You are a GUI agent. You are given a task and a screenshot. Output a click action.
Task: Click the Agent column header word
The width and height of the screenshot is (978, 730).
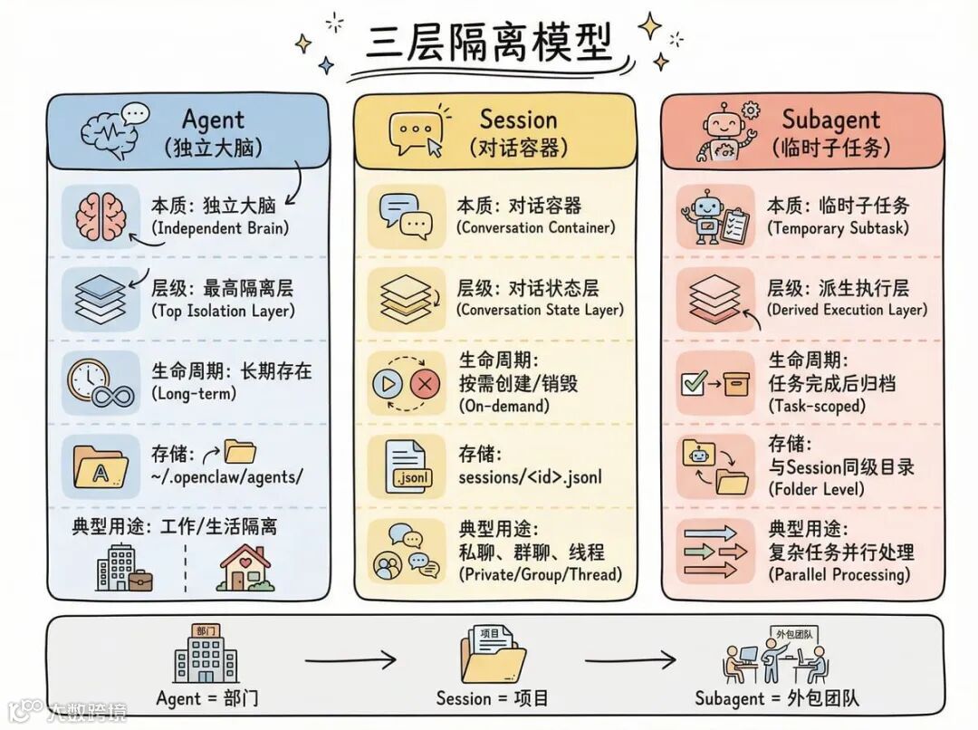pos(213,120)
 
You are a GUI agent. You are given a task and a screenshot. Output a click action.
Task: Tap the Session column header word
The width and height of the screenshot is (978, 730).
pos(518,120)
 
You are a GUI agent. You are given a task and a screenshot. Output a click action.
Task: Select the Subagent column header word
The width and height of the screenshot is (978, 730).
pos(830,119)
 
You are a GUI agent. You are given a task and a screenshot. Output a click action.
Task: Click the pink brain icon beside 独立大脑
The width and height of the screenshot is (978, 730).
pos(101,217)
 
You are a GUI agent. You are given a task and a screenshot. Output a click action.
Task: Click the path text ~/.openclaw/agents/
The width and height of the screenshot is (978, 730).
pos(227,477)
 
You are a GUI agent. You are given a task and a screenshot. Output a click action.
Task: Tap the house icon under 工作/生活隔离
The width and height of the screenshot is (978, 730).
pos(244,567)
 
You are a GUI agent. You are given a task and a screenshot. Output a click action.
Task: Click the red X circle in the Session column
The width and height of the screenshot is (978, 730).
pos(425,384)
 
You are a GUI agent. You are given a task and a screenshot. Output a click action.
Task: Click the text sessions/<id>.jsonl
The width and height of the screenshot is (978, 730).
pos(530,477)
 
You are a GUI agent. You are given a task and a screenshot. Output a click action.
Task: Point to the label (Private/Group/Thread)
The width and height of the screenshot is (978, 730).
pos(541,574)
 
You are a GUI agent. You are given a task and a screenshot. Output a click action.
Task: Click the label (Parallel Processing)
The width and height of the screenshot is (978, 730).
pos(839,574)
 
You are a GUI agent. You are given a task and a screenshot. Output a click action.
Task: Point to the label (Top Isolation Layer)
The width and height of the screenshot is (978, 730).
pos(222,312)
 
